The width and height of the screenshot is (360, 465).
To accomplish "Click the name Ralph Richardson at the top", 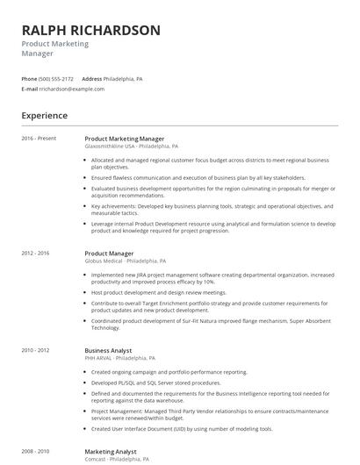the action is pos(91,30).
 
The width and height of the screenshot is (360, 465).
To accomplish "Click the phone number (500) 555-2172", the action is pos(56,78).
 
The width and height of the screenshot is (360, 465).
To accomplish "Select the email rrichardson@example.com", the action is pos(72,89).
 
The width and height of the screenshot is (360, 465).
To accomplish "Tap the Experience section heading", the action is pos(45,115).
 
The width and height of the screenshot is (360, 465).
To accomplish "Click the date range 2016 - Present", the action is pos(39,138).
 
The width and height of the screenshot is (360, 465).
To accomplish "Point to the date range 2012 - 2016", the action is pos(36,253).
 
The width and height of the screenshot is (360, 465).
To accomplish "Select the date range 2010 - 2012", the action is pos(36,350).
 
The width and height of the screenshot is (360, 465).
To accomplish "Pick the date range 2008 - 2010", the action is pos(36,451).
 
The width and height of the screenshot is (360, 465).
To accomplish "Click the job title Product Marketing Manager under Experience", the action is pos(124,138).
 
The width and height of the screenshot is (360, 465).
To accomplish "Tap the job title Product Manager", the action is pos(109,253).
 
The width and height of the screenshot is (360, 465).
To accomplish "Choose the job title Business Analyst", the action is pos(109,350).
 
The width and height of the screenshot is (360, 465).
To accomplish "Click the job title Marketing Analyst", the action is pos(111,451).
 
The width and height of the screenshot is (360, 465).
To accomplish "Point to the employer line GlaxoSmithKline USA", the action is pos(131,147).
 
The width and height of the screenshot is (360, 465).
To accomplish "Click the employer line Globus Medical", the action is pos(125,261).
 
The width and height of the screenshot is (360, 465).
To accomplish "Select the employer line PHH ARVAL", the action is pos(119,358).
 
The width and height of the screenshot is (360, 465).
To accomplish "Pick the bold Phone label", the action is pos(29,78).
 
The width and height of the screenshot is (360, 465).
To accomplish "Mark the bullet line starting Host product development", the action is pos(158,293).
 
